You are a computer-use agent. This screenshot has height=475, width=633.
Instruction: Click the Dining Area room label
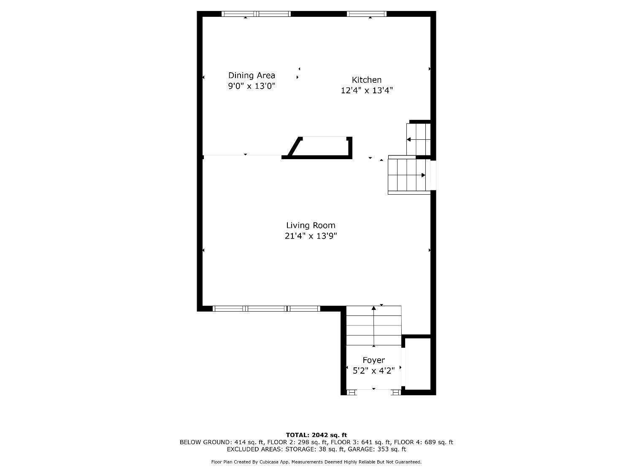click(x=252, y=76)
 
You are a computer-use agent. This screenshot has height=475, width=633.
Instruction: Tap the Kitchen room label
click(x=367, y=80)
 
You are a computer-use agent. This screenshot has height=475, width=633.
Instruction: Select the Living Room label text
click(x=311, y=225)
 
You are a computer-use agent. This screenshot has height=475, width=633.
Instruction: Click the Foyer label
click(x=373, y=360)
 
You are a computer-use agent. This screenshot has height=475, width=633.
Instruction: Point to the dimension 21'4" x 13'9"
click(x=311, y=236)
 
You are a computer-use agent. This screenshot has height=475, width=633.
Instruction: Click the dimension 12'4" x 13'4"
click(x=367, y=90)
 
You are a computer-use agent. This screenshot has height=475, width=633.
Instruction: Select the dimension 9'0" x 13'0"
click(x=252, y=86)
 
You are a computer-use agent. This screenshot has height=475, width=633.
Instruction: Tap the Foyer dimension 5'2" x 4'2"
click(x=373, y=371)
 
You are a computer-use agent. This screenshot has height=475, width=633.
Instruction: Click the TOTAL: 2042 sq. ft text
click(x=316, y=435)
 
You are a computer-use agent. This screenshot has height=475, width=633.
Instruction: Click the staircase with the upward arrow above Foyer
click(x=373, y=326)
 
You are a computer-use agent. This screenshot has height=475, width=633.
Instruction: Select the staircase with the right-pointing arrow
click(x=407, y=175)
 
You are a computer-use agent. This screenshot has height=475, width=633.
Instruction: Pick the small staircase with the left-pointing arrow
click(x=418, y=139)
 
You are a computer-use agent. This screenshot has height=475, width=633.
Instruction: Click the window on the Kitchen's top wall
click(x=366, y=14)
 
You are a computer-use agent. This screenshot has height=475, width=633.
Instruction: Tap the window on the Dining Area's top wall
click(x=256, y=14)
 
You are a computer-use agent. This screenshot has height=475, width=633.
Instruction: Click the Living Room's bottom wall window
click(x=266, y=309)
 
